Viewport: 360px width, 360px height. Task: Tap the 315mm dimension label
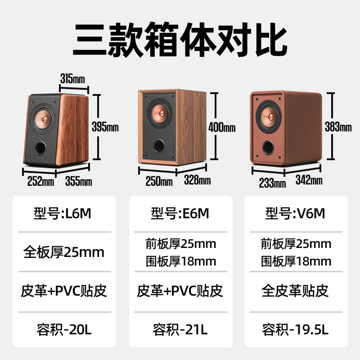(x=72, y=79)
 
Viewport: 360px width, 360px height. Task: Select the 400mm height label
(x=222, y=127)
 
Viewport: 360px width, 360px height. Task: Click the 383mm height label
(x=338, y=127)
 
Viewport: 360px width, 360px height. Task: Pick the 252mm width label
(x=40, y=181)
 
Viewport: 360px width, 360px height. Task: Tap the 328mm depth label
(x=197, y=181)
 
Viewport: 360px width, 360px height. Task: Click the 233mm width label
(x=273, y=183)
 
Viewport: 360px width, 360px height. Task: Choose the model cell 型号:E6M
(x=180, y=213)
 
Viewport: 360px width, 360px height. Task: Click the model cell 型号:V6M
(x=296, y=213)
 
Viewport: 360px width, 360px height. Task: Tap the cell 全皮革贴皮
(x=296, y=290)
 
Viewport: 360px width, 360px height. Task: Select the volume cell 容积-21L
(x=180, y=330)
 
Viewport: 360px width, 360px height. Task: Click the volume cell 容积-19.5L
(x=296, y=330)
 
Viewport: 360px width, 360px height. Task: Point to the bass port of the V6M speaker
(x=268, y=147)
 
